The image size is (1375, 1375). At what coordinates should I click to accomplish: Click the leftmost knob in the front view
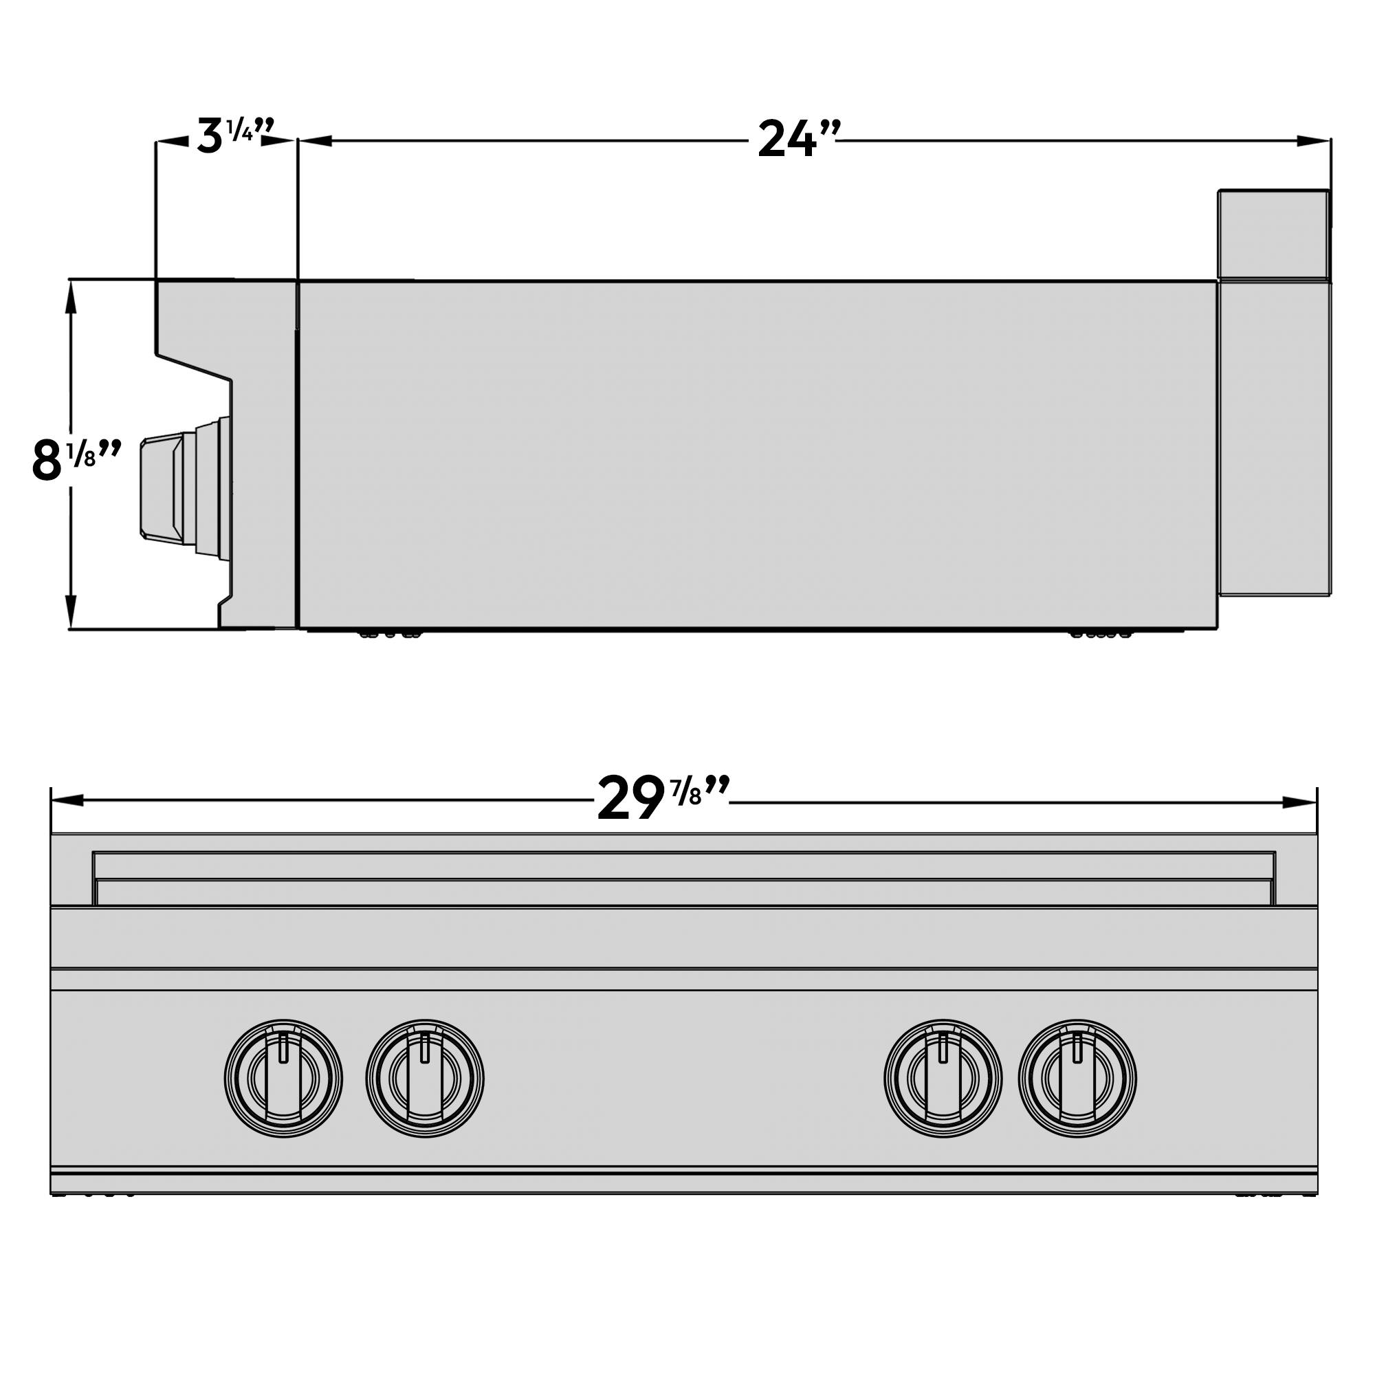pos(283,1078)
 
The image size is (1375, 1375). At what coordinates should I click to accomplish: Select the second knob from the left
pos(425,1078)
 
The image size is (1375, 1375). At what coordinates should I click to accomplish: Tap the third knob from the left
pos(943,1078)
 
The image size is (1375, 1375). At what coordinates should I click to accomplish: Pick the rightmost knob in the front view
pos(1077,1078)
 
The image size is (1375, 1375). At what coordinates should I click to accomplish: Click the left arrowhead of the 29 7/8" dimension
pos(68,802)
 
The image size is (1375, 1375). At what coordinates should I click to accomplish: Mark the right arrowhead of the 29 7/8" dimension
pos(1299,802)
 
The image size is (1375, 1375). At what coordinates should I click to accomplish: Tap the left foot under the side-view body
pos(388,633)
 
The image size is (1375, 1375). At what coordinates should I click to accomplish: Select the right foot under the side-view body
pos(1100,633)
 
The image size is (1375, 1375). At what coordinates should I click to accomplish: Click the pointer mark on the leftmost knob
pos(283,1047)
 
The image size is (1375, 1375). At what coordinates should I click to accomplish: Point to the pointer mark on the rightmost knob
pos(1077,1047)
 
